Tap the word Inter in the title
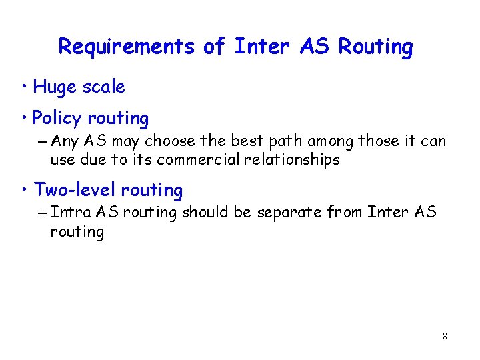[263, 47]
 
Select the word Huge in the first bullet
[54, 87]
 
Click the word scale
[103, 87]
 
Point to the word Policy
[57, 119]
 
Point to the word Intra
[71, 213]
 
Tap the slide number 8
[445, 337]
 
